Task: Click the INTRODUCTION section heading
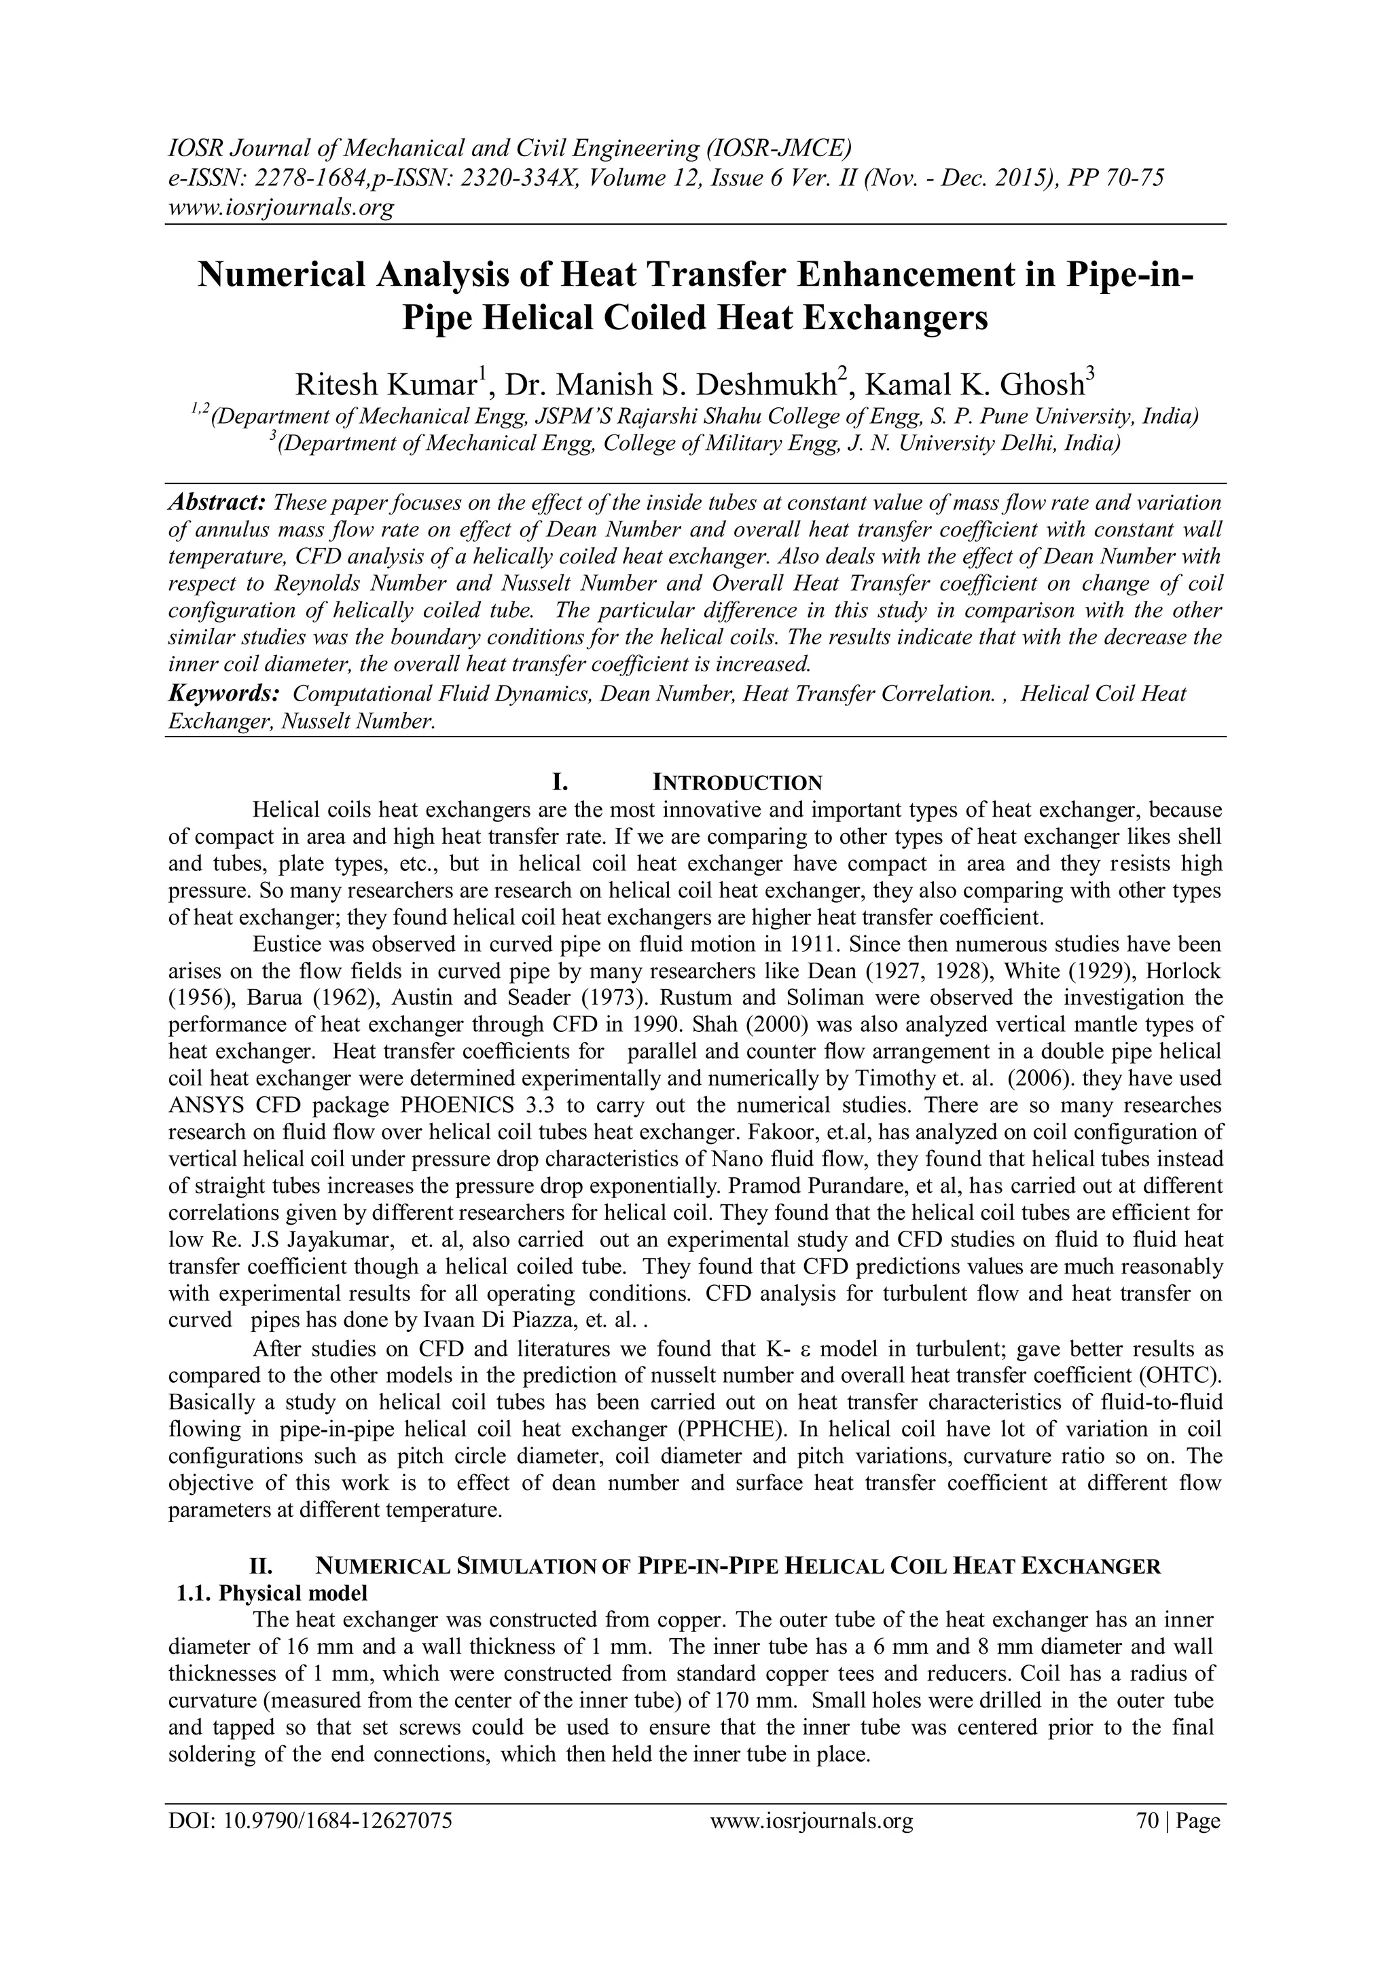[x=738, y=783]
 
